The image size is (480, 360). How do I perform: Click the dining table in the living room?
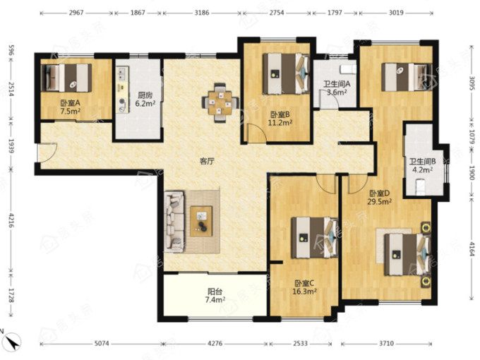pyautogui.click(x=220, y=103)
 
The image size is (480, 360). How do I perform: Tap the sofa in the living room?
pyautogui.click(x=174, y=222)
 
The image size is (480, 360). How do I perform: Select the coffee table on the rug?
pyautogui.click(x=201, y=221)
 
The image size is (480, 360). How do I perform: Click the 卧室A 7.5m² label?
pyautogui.click(x=70, y=107)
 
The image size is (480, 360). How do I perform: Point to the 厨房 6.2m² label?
pyautogui.click(x=145, y=100)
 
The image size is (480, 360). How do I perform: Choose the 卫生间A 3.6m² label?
pyautogui.click(x=337, y=88)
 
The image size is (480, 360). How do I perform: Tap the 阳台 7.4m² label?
pyautogui.click(x=215, y=295)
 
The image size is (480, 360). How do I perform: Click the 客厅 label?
pyautogui.click(x=207, y=161)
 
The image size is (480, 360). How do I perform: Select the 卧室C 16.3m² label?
pyautogui.click(x=304, y=287)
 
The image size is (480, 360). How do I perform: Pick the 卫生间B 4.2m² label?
pyautogui.click(x=422, y=165)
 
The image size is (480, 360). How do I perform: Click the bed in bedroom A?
pyautogui.click(x=66, y=78)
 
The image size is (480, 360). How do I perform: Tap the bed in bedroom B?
pyautogui.click(x=286, y=73)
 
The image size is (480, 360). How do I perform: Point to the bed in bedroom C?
pyautogui.click(x=314, y=238)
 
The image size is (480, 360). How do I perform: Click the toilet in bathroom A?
pyautogui.click(x=349, y=70)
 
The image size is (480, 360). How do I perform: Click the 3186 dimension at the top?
pyautogui.click(x=202, y=13)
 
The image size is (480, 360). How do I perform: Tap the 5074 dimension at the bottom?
pyautogui.click(x=102, y=344)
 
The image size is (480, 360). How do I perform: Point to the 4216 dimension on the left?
pyautogui.click(x=11, y=220)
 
